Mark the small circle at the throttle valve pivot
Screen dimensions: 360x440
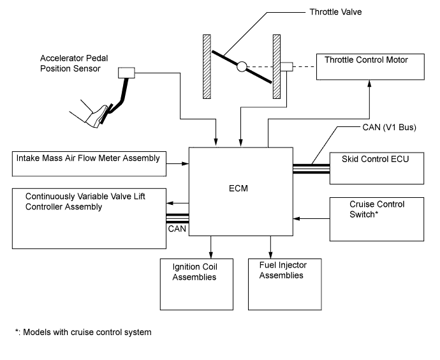coord(242,66)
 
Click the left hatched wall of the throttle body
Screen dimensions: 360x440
coord(207,66)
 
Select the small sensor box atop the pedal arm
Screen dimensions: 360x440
coord(124,73)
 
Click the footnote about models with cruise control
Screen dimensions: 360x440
coord(84,332)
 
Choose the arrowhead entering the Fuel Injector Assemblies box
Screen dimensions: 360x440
coord(271,254)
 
